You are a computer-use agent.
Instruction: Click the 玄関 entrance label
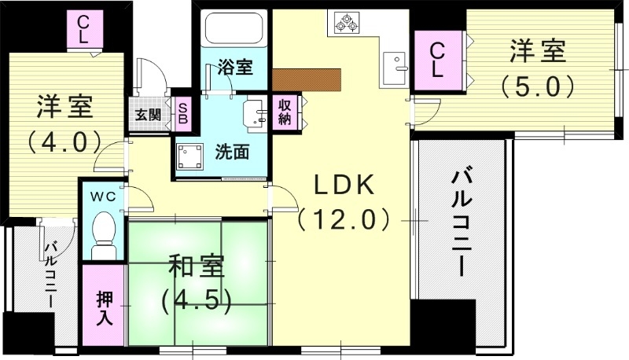click(149, 115)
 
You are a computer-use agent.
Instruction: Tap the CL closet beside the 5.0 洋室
click(438, 59)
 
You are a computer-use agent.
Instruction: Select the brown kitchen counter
click(308, 79)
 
